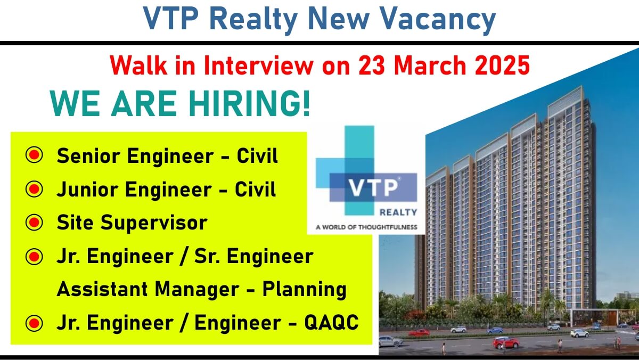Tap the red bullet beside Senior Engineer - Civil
pos(34,155)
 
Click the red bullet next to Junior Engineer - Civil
pos(34,189)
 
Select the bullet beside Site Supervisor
pos(34,222)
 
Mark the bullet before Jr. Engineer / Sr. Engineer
pos(34,257)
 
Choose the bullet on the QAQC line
pos(34,323)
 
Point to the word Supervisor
pos(154,223)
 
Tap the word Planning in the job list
pos(305,290)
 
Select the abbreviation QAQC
pos(331,322)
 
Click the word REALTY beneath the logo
pos(398,212)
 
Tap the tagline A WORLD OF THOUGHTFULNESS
pos(366,227)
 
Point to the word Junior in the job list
pos(87,190)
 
